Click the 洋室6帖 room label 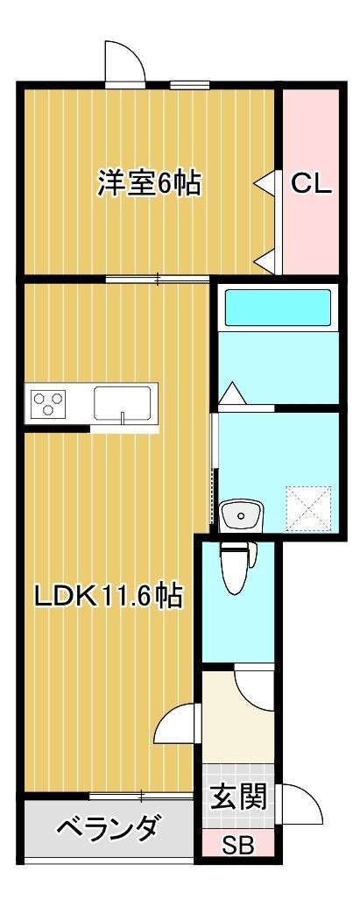coord(148,184)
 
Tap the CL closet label coord(310,184)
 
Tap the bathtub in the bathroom coord(275,308)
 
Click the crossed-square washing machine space coord(311,509)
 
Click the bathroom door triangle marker coord(232,393)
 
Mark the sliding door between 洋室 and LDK coord(158,279)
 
